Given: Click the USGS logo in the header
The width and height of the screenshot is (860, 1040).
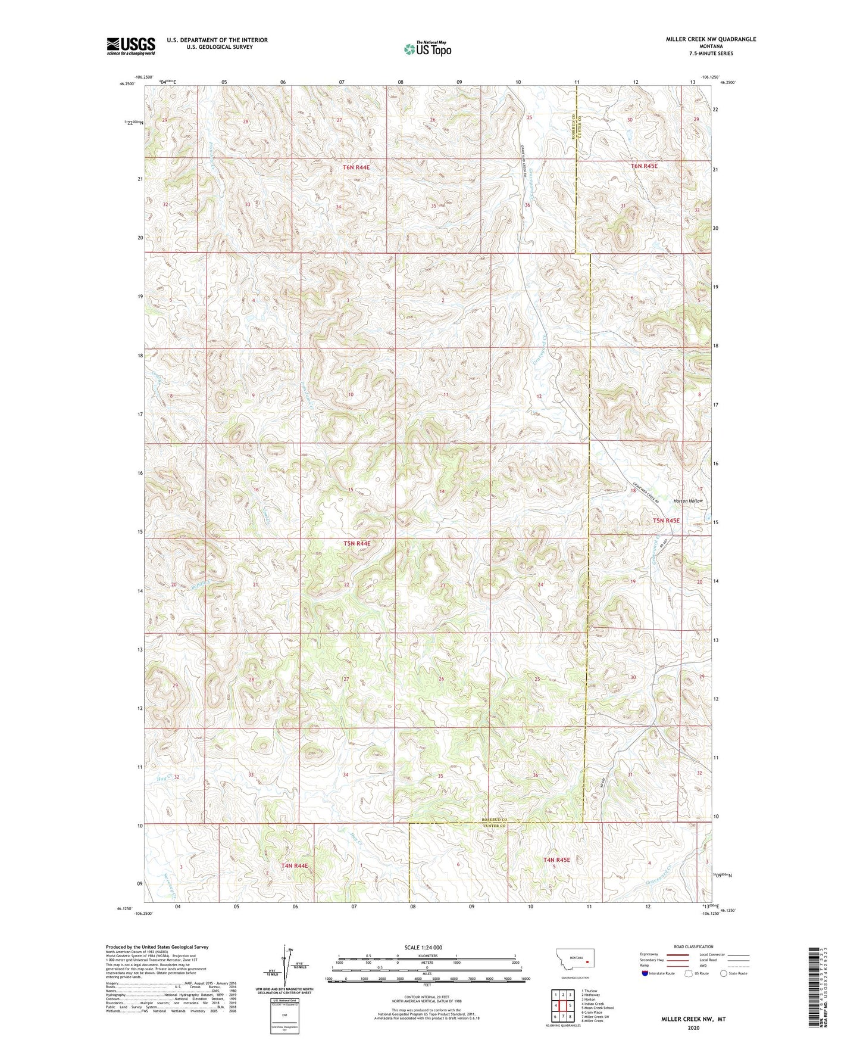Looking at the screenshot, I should pyautogui.click(x=131, y=45).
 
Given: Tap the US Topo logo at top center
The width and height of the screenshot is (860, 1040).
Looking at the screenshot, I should pyautogui.click(x=426, y=49).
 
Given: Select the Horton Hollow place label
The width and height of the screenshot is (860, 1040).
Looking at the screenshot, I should pyautogui.click(x=688, y=501).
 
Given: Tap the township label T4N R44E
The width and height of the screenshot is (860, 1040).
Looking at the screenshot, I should pyautogui.click(x=295, y=865).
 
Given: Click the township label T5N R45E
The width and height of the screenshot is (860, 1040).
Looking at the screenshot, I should pyautogui.click(x=665, y=521).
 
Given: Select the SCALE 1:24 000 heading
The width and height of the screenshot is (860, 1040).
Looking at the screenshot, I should pyautogui.click(x=423, y=947).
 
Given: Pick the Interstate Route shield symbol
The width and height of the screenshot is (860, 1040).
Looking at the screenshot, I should pyautogui.click(x=646, y=973).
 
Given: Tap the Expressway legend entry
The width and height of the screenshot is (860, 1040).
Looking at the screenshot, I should pyautogui.click(x=649, y=954).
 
